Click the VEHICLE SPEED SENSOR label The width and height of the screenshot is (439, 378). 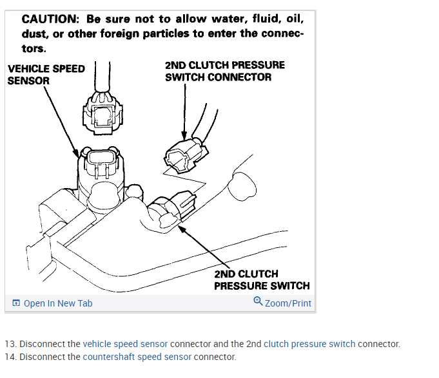(x=46, y=75)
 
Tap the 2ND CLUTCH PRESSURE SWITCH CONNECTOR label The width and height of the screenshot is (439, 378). (x=224, y=71)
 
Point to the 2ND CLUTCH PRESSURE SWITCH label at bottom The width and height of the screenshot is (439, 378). (x=262, y=279)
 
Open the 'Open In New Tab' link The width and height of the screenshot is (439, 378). (x=57, y=303)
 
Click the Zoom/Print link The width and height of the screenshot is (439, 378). (x=288, y=303)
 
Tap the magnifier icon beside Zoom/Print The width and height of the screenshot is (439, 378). (x=258, y=301)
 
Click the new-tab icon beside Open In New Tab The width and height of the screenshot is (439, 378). (x=16, y=303)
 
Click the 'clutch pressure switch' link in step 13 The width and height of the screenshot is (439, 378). (x=309, y=344)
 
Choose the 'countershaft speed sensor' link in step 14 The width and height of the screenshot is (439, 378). (x=137, y=357)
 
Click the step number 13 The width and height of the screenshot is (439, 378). (x=10, y=344)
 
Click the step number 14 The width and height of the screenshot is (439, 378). (x=10, y=357)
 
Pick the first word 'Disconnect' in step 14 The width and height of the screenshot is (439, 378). (x=40, y=357)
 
